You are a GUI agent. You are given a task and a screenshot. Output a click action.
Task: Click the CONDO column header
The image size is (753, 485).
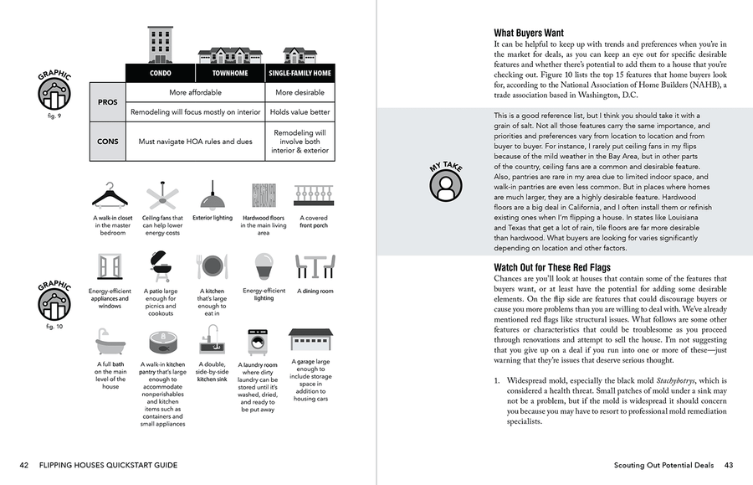coord(160,74)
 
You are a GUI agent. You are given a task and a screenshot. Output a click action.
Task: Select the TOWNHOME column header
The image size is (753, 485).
coord(230,74)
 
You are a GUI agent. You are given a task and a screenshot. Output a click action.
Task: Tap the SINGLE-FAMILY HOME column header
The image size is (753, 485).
coord(300,74)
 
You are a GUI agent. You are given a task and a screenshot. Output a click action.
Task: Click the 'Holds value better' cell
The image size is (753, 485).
coord(300,111)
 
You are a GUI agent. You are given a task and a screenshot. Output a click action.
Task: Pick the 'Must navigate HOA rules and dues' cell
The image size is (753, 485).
coord(195,142)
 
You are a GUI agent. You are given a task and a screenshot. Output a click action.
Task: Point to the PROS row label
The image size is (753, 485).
coord(107,102)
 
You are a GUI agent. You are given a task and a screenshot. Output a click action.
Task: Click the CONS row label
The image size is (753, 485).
coord(107,142)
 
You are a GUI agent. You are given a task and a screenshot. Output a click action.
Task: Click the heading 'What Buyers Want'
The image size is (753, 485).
coord(528,34)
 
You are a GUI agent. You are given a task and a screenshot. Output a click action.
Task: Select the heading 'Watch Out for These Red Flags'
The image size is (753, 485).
coord(552,268)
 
